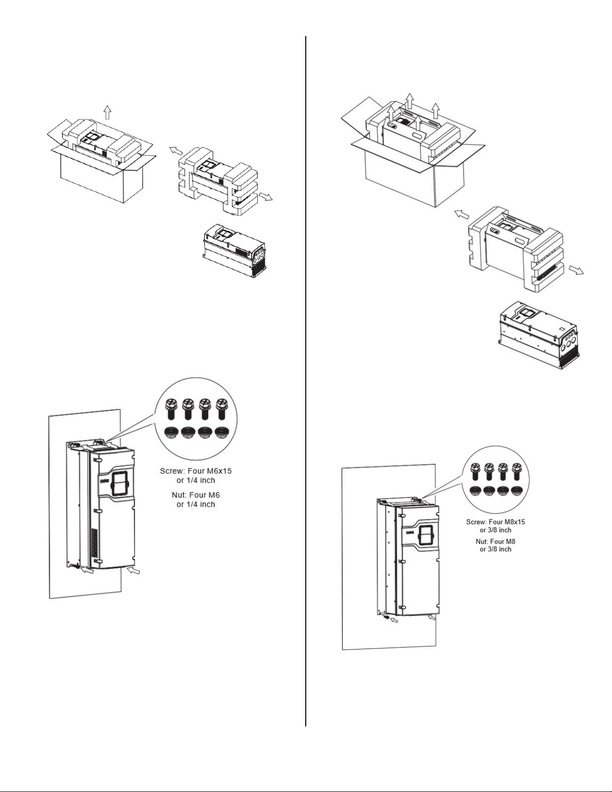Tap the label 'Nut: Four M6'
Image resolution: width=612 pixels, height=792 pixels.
[196, 495]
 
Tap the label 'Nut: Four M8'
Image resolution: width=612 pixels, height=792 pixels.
[496, 541]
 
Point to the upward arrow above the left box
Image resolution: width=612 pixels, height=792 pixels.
[107, 112]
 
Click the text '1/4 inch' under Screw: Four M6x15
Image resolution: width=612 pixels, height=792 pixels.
[200, 480]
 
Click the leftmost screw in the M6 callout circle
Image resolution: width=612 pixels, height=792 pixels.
[170, 409]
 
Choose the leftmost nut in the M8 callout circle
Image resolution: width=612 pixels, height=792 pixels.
[476, 491]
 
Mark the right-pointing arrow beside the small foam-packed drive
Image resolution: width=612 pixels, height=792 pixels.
[266, 197]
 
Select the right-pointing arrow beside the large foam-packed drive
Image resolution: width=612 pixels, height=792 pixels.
[577, 270]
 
